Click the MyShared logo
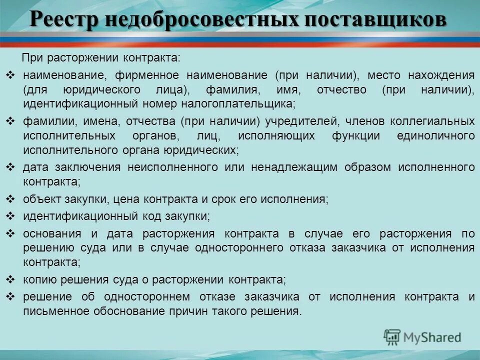(x=422, y=337)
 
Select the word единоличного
(x=435, y=136)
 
